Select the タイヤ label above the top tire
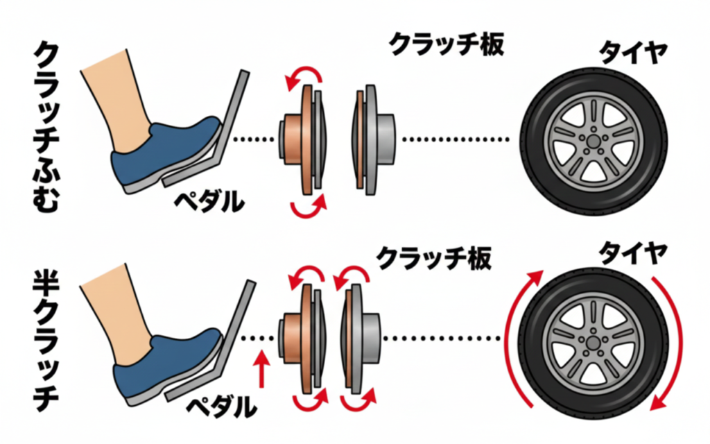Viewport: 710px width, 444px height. (632, 51)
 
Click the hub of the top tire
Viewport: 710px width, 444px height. (592, 144)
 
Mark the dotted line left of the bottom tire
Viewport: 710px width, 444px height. (444, 339)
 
